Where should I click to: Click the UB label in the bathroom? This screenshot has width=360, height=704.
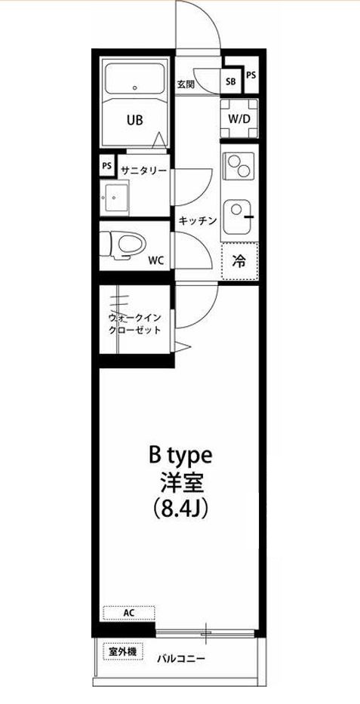pyautogui.click(x=134, y=119)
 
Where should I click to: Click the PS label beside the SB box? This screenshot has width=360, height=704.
pyautogui.click(x=251, y=75)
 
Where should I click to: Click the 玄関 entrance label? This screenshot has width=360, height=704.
pyautogui.click(x=186, y=84)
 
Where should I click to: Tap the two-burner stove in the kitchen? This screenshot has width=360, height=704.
pyautogui.click(x=239, y=166)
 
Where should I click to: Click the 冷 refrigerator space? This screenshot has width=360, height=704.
pyautogui.click(x=239, y=261)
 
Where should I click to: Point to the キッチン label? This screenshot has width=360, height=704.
pyautogui.click(x=198, y=221)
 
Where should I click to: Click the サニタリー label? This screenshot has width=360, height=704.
pyautogui.click(x=143, y=171)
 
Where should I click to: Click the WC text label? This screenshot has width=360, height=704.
pyautogui.click(x=156, y=260)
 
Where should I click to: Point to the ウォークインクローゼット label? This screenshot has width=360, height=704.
pyautogui.click(x=135, y=324)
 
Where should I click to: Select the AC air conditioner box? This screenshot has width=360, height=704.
pyautogui.click(x=129, y=613)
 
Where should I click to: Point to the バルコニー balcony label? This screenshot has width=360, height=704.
pyautogui.click(x=181, y=658)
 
